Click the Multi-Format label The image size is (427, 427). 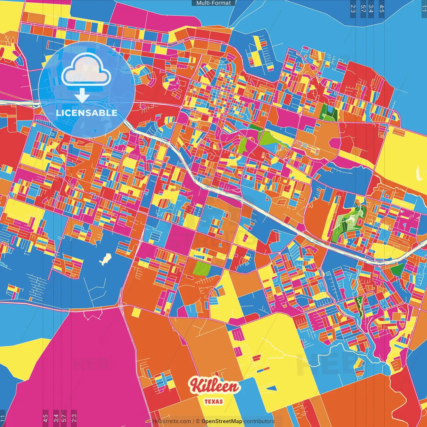[213, 3]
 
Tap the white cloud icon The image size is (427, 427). [86, 69]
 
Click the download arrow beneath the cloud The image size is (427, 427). [82, 96]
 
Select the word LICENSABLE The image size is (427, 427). [86, 113]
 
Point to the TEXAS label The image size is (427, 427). [213, 401]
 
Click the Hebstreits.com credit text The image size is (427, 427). [171, 421]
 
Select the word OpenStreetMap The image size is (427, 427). [222, 421]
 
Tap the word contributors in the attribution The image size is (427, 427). [259, 421]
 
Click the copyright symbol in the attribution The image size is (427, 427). [197, 421]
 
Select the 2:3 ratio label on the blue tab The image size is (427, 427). [353, 9]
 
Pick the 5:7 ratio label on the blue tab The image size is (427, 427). [363, 9]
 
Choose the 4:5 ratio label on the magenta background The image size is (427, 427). [45, 418]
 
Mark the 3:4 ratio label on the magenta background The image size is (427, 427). [56, 418]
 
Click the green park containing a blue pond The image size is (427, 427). [329, 112]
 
